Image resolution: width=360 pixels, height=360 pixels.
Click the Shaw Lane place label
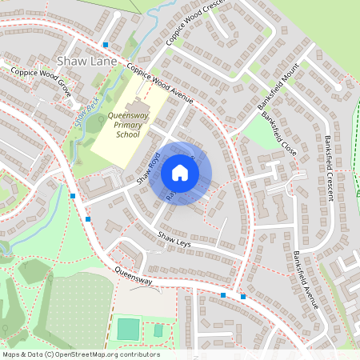click(87, 61)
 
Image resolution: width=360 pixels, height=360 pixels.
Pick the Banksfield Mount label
click(278, 86)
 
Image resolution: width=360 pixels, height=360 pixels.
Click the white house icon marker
click(180, 173)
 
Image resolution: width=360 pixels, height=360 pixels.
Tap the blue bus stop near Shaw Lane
click(106, 45)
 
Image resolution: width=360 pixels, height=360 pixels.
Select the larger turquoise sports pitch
click(127, 328)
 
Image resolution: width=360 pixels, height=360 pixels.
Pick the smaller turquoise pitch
click(158, 330)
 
